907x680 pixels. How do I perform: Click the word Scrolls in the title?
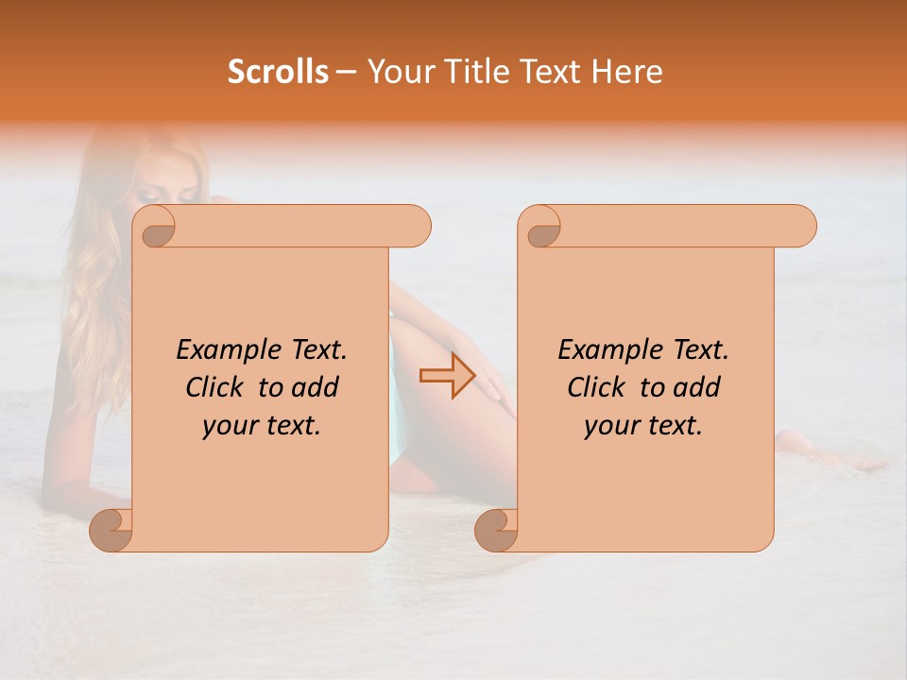coord(278,72)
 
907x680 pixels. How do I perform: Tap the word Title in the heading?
coord(469,72)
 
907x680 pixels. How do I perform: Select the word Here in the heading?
coord(627,72)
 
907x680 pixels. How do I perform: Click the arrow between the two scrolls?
coord(448,376)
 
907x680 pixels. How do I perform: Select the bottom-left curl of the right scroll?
coord(498,529)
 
